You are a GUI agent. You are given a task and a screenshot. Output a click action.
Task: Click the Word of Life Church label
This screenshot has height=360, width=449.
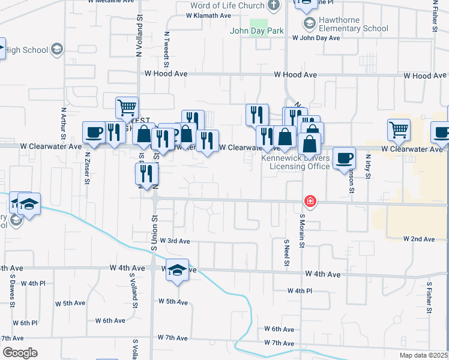[x=227, y=6]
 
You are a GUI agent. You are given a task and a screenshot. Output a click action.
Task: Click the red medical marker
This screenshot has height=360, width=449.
[x=310, y=202]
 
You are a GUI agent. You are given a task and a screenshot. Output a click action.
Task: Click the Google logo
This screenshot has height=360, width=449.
[x=20, y=352]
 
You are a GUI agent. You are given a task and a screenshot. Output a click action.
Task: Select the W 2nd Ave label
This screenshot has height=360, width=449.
[x=419, y=239]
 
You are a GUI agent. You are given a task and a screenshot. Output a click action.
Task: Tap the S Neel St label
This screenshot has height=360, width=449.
[x=286, y=253]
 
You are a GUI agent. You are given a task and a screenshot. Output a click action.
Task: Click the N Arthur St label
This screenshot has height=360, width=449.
[x=63, y=121]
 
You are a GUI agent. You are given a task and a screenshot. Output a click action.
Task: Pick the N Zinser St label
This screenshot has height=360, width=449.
[x=88, y=165]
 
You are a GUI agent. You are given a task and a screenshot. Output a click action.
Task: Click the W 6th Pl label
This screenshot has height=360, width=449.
[x=25, y=323]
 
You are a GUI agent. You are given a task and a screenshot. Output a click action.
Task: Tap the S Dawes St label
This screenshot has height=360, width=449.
[x=12, y=293]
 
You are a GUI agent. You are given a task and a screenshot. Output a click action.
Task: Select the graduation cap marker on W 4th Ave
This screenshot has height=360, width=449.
[x=177, y=271]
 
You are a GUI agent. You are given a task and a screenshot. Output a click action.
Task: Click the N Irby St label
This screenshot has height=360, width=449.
[x=368, y=167]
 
